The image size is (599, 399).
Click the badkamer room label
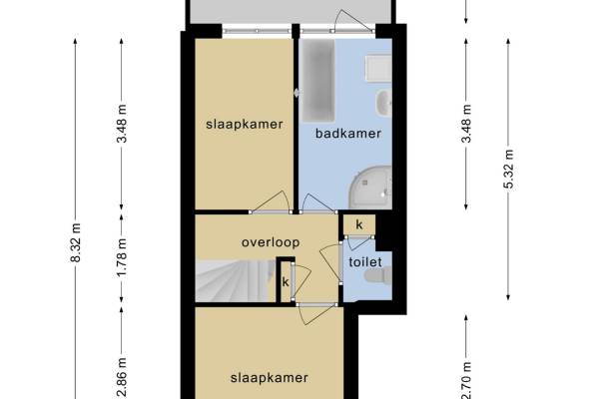pos(348,134)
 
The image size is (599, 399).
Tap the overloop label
pos(271,242)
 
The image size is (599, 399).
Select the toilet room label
pos(365,262)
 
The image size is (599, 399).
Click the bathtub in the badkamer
pos(318,81)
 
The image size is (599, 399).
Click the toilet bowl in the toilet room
pos(378,276)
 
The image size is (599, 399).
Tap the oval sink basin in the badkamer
pos(384,103)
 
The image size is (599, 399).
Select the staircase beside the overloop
pos(236,281)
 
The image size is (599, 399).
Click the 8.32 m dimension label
pos(76,242)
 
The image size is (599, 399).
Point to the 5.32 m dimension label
pos(508,170)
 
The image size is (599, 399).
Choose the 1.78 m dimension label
pos(122,257)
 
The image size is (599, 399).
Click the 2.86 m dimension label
pos(122,378)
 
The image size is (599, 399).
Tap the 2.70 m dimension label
pos(466,380)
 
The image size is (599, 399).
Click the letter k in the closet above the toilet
pos(359,224)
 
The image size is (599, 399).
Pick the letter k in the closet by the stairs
pos(286,282)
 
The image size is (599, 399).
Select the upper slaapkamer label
pos(245,125)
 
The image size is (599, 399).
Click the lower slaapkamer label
pos(270,378)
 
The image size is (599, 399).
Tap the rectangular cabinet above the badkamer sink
pos(378,69)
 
